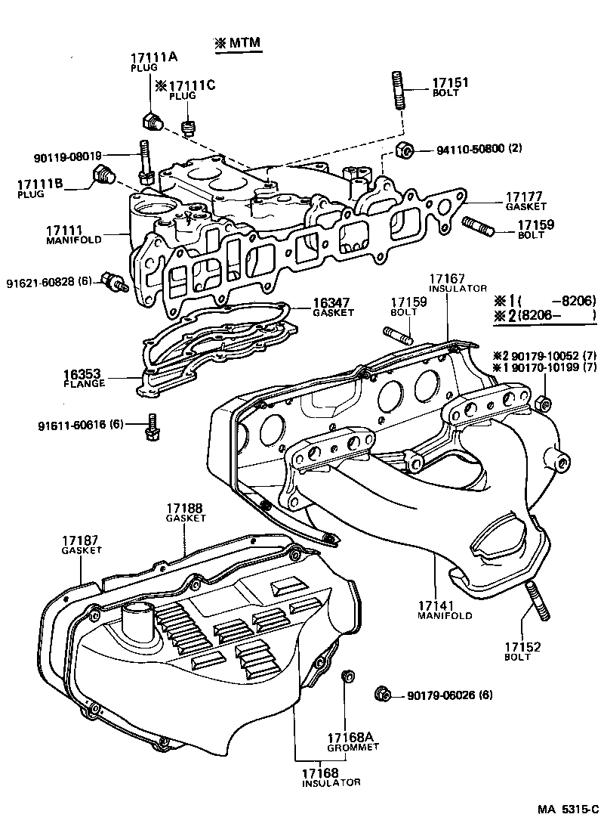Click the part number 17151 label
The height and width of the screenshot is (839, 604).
(450, 82)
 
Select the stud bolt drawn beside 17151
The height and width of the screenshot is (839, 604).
(398, 90)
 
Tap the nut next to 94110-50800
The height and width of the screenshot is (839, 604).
(404, 150)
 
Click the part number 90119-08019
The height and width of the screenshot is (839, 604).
(67, 157)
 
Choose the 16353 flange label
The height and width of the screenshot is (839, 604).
(84, 374)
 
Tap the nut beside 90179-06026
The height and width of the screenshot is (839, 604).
(382, 693)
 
